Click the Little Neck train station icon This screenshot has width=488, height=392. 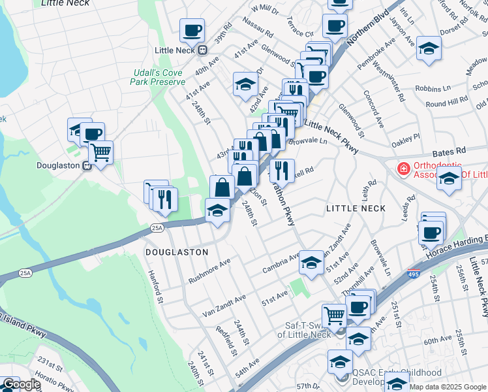pyautogui.click(x=203, y=50)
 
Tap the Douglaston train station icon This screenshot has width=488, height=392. pyautogui.click(x=86, y=166)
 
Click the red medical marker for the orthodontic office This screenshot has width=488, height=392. pyautogui.click(x=403, y=169)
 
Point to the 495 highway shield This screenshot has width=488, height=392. pyautogui.click(x=415, y=275)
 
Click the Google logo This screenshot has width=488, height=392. pyautogui.click(x=21, y=385)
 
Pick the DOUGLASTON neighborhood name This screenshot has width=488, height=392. pyautogui.click(x=177, y=252)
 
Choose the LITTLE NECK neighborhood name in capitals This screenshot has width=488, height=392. pyautogui.click(x=356, y=208)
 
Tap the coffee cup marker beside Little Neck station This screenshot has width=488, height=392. pyautogui.click(x=192, y=30)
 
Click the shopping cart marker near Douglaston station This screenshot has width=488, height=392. pyautogui.click(x=100, y=154)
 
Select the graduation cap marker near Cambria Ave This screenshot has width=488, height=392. pyautogui.click(x=311, y=264)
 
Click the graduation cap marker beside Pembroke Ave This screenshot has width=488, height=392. pyautogui.click(x=429, y=49)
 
